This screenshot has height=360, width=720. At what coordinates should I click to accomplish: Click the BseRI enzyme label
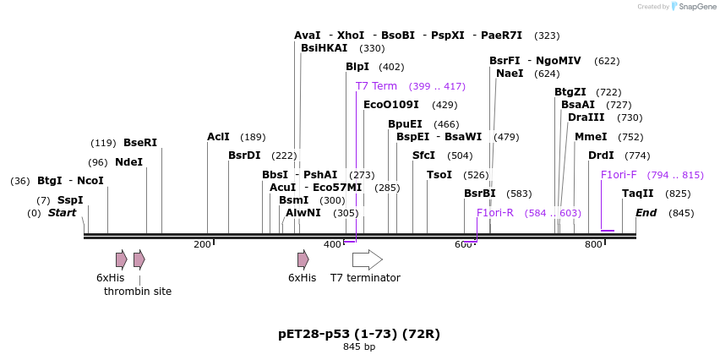(x=140, y=143)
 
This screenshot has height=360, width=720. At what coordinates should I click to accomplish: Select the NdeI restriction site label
(x=128, y=162)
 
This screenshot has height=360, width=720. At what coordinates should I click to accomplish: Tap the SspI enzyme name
(x=70, y=200)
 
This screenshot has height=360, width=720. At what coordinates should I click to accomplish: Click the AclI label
(x=218, y=137)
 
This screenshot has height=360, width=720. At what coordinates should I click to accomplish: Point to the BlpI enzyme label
(x=357, y=67)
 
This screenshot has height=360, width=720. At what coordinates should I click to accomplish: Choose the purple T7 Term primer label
(x=376, y=86)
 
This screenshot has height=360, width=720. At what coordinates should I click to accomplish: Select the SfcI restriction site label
(x=423, y=155)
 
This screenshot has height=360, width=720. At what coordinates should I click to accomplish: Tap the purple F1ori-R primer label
(x=495, y=213)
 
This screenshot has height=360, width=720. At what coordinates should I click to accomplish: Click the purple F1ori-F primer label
(x=619, y=175)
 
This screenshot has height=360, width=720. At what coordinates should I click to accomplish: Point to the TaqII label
(x=638, y=194)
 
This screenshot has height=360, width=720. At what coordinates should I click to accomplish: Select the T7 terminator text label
(x=365, y=278)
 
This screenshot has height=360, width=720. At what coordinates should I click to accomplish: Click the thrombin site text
(x=138, y=292)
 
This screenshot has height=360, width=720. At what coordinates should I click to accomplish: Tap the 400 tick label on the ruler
(x=332, y=244)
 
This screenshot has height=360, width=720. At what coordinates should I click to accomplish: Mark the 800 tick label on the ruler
(x=593, y=244)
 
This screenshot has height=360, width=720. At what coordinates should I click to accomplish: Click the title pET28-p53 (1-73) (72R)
(x=359, y=334)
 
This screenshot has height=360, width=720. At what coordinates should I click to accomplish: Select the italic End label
(x=646, y=213)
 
